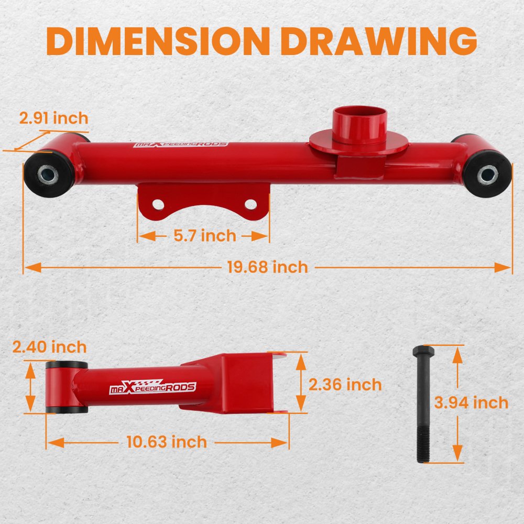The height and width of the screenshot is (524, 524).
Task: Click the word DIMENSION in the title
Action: (158, 41)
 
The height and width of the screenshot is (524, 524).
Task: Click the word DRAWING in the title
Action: (379, 41)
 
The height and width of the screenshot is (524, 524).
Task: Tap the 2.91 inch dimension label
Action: (53, 118)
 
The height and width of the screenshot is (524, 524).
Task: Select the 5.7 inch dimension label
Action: (205, 236)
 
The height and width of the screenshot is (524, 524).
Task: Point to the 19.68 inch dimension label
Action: (267, 267)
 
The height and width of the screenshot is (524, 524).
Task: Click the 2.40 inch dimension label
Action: (49, 347)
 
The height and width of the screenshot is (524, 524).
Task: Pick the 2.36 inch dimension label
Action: (345, 385)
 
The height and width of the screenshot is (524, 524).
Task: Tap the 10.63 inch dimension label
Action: (167, 442)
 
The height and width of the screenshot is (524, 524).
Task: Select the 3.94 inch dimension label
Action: (471, 402)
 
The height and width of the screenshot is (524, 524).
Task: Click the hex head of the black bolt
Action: (423, 351)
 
